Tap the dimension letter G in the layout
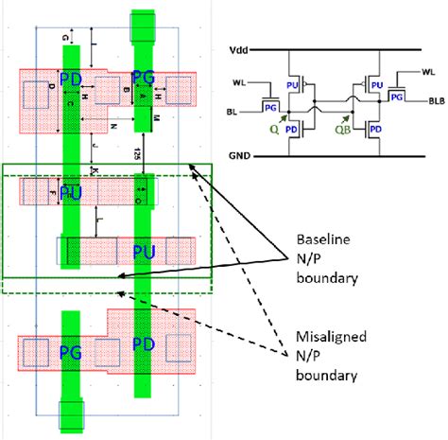tap(64, 37)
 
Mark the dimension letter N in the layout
tap(112, 124)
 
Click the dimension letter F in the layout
tap(51, 192)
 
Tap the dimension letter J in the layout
tap(94, 144)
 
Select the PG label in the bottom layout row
tap(72, 352)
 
